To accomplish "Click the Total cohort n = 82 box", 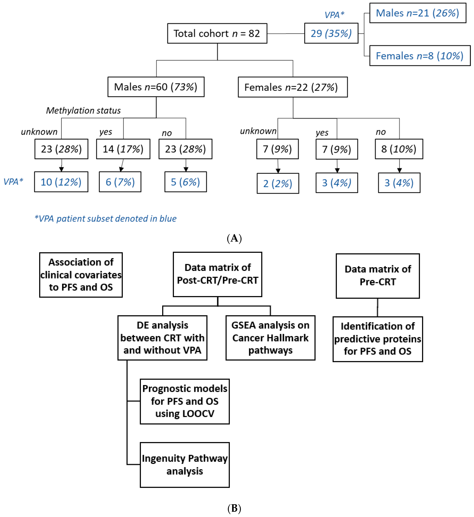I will [217, 33].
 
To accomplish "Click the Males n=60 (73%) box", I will [156, 87].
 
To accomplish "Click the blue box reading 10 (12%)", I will [61, 182].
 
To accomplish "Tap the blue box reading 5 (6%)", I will [185, 182].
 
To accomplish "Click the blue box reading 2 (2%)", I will [278, 183].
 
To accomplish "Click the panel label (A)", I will [234, 238].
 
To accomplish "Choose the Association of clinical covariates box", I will [81, 275].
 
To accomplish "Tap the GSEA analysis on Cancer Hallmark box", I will [270, 338].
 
